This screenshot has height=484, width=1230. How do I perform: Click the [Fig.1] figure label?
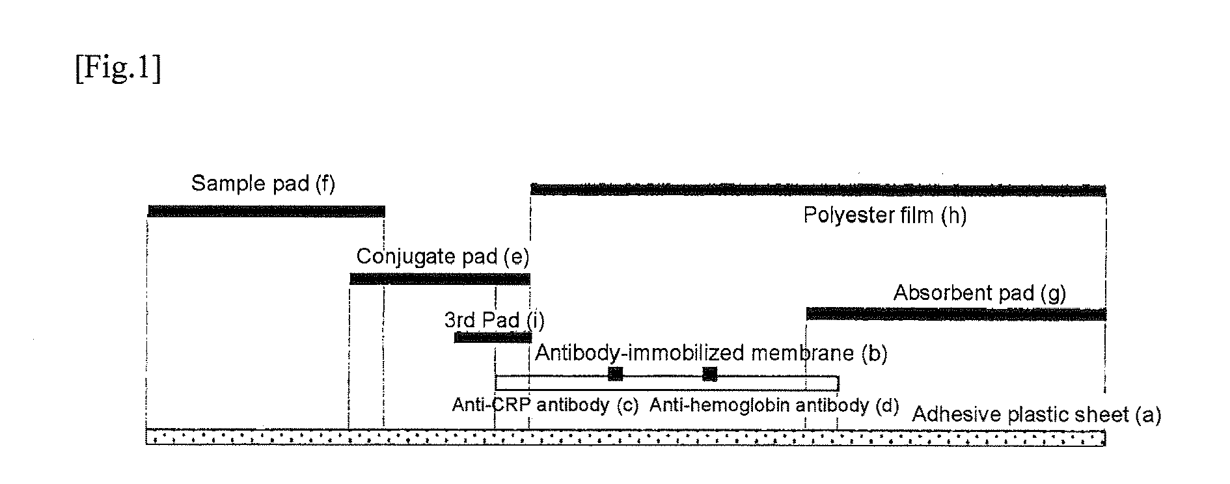coord(118,69)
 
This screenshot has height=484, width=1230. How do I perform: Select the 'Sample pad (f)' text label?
coord(263,184)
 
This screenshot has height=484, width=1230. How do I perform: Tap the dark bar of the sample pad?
coord(266,211)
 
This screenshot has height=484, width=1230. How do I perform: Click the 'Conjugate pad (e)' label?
coord(443,257)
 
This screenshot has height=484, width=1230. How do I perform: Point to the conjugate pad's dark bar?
coord(440,279)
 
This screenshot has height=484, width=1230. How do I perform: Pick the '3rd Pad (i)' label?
coord(494,320)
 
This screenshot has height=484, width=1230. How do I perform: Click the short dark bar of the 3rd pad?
coord(493,337)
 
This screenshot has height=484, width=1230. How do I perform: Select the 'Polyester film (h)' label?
coord(884,215)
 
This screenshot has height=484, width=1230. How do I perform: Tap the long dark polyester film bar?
coord(818,190)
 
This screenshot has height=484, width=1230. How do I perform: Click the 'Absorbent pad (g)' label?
coord(979,293)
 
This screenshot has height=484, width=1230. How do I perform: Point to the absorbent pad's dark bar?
coord(955,314)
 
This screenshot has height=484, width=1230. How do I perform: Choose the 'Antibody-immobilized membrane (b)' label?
coord(711,353)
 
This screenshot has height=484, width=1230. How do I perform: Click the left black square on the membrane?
coord(615,373)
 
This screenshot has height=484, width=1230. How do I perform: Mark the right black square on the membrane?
coord(709,373)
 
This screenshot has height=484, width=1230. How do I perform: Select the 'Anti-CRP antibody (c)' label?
coord(545,405)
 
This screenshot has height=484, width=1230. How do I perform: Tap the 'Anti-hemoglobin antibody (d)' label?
coord(774,405)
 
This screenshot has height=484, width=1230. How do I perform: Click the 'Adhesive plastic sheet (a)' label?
coord(1036,414)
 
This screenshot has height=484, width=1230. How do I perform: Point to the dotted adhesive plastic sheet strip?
coord(625,437)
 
